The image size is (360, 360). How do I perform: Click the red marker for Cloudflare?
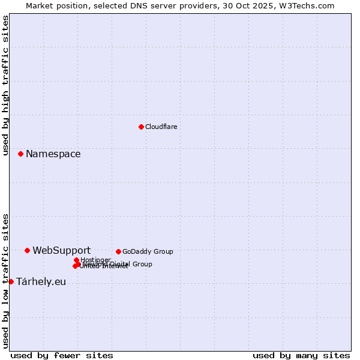[x=141, y=127]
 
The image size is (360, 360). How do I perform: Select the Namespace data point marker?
[x=20, y=154]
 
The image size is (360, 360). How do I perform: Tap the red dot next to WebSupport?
[x=27, y=250]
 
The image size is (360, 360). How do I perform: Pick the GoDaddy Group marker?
[x=118, y=251]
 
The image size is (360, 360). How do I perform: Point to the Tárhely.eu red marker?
[x=11, y=281]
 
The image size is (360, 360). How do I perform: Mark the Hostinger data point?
[x=76, y=260]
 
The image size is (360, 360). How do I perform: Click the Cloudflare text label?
[x=161, y=127]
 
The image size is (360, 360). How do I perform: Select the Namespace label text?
[x=53, y=154]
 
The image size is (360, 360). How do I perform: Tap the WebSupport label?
[x=61, y=250]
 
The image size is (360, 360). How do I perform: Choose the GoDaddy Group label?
[x=148, y=251]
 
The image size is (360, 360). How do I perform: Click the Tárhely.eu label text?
[x=41, y=281]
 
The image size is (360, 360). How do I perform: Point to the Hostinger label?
[x=95, y=260]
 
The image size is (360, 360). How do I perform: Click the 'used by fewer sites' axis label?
[x=62, y=355]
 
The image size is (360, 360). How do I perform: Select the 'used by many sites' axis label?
[x=301, y=355]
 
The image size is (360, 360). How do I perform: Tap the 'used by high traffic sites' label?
[x=5, y=85]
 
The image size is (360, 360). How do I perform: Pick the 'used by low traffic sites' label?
[x=5, y=280]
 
